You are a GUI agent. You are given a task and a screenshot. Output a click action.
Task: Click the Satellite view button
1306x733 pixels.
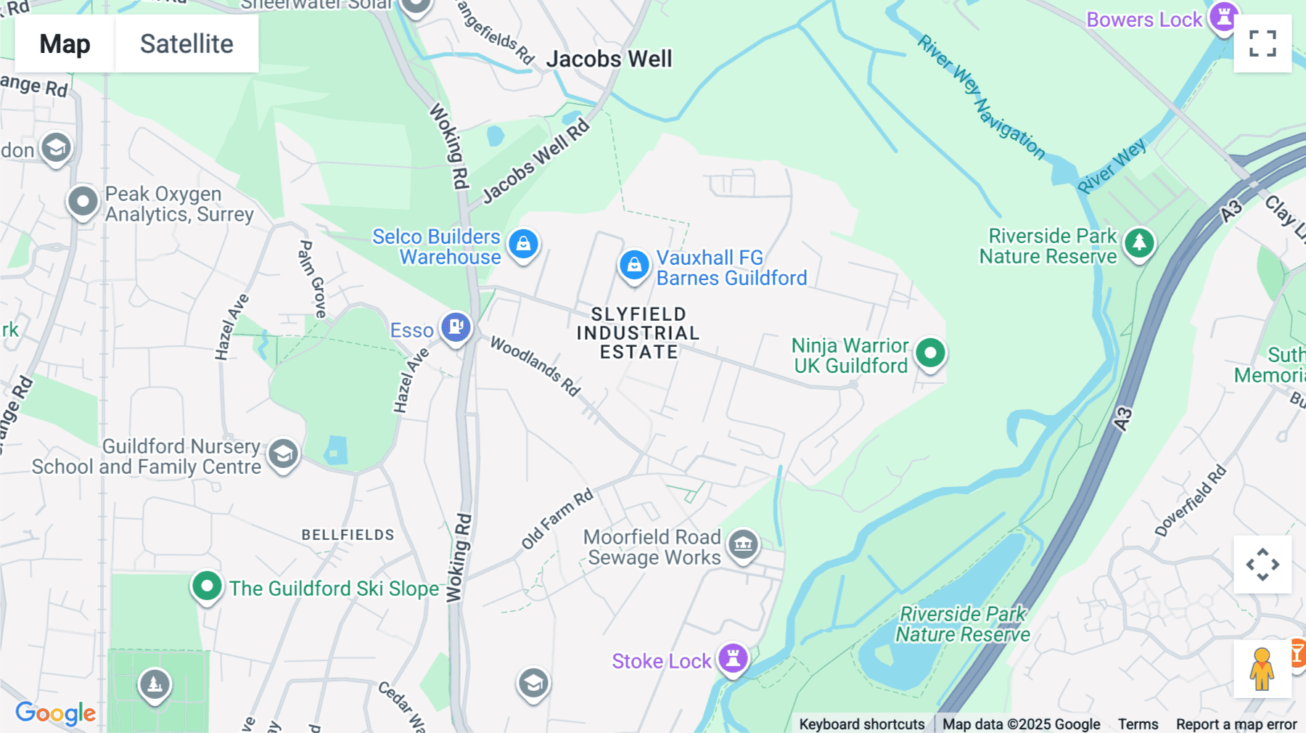click(186, 44)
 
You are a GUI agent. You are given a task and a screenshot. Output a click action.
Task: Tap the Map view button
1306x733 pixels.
click(65, 44)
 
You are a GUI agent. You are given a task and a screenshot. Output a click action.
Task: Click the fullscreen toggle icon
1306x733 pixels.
click(1262, 44)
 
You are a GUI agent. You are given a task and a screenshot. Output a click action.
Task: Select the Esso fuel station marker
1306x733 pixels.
click(456, 327)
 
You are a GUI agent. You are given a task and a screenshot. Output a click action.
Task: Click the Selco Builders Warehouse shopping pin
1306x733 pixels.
click(523, 245)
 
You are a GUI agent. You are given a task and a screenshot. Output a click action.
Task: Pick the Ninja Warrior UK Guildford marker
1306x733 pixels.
click(930, 353)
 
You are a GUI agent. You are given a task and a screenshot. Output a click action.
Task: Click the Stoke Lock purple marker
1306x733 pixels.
click(733, 659)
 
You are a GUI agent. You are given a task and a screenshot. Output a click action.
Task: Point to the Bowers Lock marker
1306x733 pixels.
click(1223, 16)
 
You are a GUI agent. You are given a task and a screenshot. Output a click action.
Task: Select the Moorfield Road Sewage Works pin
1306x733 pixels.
click(743, 544)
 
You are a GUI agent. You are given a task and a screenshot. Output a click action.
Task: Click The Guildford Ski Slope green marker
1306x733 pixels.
click(207, 586)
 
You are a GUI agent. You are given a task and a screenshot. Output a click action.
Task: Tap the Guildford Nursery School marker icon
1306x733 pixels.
click(283, 454)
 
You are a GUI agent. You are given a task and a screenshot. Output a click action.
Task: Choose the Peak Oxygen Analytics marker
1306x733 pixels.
click(83, 202)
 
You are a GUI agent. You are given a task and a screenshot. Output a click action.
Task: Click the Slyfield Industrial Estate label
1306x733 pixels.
click(638, 333)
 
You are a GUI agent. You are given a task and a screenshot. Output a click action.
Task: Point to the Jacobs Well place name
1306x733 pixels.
click(609, 59)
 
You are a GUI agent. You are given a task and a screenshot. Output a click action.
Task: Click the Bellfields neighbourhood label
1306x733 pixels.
click(348, 535)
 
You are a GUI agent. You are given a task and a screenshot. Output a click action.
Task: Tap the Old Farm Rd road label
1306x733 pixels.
click(557, 520)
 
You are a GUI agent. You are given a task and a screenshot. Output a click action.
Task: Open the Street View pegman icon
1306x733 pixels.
click(1262, 668)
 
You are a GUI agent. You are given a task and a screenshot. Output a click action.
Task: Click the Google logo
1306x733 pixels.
click(56, 713)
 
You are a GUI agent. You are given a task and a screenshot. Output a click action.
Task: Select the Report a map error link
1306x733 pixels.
click(1236, 724)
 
